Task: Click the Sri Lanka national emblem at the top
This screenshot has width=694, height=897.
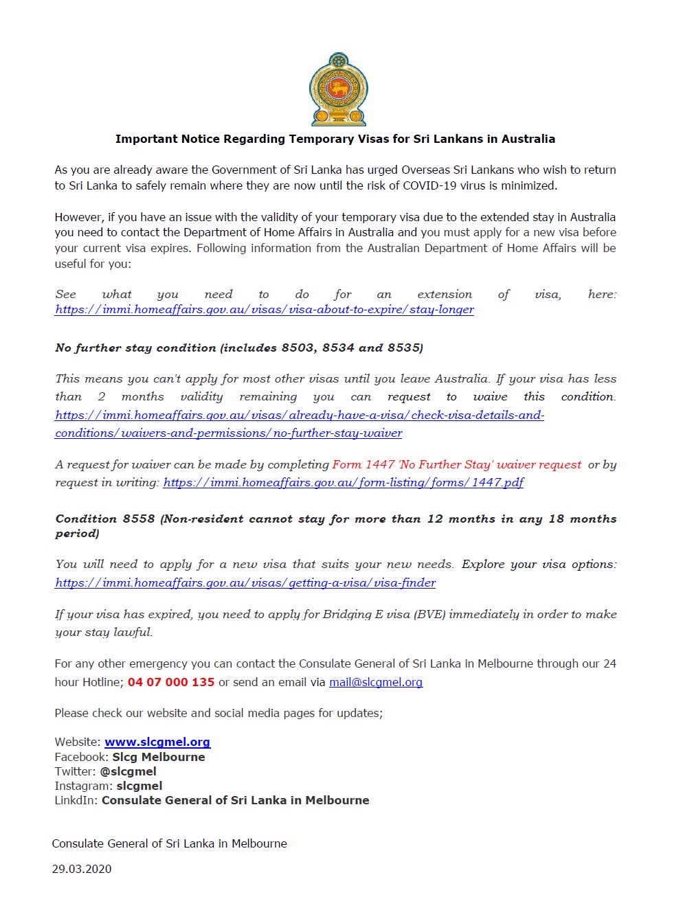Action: pyautogui.click(x=338, y=89)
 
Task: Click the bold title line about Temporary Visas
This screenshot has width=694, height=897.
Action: pyautogui.click(x=335, y=139)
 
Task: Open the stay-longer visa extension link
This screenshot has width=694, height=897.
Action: pyautogui.click(x=265, y=309)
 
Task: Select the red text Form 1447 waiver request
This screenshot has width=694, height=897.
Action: pyautogui.click(x=456, y=464)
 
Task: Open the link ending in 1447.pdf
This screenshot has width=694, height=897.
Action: pyautogui.click(x=344, y=482)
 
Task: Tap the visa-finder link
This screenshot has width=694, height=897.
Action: pyautogui.click(x=245, y=582)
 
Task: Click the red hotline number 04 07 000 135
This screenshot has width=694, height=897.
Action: pyautogui.click(x=171, y=682)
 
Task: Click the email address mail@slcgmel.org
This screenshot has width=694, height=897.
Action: pyautogui.click(x=376, y=682)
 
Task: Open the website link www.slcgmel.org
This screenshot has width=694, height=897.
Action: pyautogui.click(x=157, y=742)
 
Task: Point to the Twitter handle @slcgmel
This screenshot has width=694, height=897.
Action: pyautogui.click(x=128, y=771)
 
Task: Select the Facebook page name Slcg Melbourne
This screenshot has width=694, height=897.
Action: pyautogui.click(x=159, y=757)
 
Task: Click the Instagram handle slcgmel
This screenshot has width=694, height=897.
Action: pyautogui.click(x=139, y=786)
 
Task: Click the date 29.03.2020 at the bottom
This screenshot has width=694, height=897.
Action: pyautogui.click(x=82, y=869)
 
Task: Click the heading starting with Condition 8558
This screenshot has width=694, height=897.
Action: pyautogui.click(x=335, y=519)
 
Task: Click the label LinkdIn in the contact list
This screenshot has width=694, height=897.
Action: pyautogui.click(x=76, y=800)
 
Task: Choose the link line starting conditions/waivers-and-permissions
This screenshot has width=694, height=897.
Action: pyautogui.click(x=229, y=433)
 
